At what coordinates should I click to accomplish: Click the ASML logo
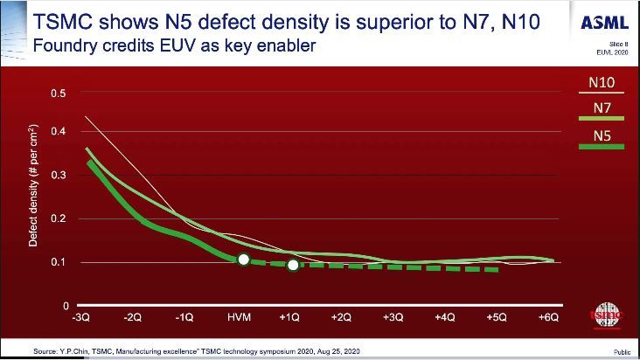coord(604,23)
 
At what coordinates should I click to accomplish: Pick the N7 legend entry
coord(601,108)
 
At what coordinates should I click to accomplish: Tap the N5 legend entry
coord(601,135)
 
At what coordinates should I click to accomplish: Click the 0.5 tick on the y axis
coord(60,93)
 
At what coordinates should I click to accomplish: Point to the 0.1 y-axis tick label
coord(60,262)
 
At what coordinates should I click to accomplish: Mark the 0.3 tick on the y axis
coord(60,176)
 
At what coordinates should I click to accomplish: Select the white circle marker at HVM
coord(244,260)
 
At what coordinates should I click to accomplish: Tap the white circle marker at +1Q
coord(293,264)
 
